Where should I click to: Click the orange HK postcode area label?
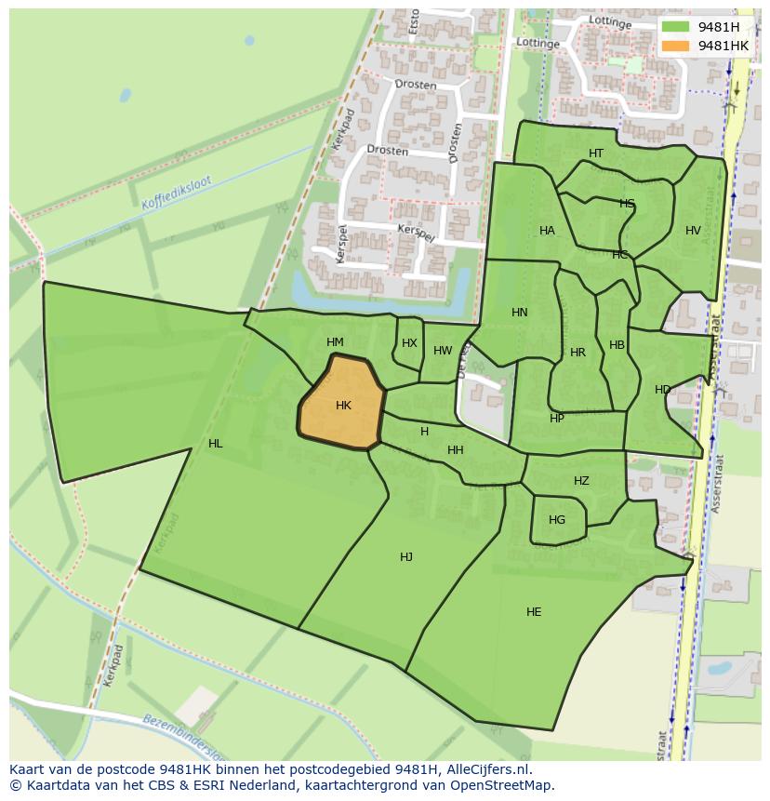(x=343, y=406)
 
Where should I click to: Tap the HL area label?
(x=216, y=444)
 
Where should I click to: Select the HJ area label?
(x=406, y=557)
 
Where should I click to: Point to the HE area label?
(x=534, y=612)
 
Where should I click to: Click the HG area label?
(x=557, y=520)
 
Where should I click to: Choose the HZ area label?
(x=581, y=481)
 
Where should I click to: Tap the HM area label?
(x=336, y=342)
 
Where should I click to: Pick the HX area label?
(x=409, y=343)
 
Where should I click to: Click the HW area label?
(x=443, y=351)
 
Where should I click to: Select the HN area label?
(x=520, y=313)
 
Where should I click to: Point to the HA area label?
(x=547, y=231)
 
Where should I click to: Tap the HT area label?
(x=596, y=154)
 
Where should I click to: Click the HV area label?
(x=693, y=231)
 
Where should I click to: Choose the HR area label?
(x=577, y=353)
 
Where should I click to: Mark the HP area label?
(x=556, y=419)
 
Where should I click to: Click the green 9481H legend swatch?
(x=676, y=27)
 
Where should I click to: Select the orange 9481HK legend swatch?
(x=676, y=46)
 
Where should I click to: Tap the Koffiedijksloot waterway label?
(x=177, y=193)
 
